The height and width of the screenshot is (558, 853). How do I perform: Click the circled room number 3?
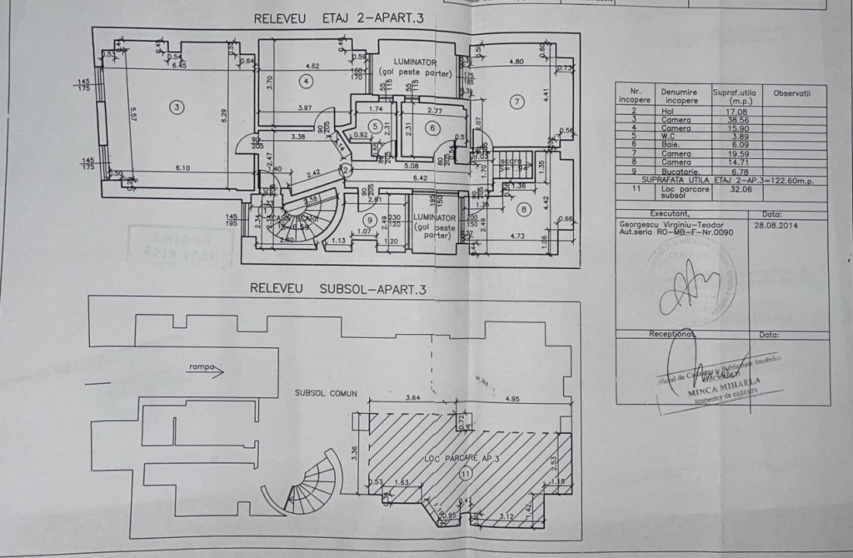tap(177, 106)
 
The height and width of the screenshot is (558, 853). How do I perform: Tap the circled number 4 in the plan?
tap(306, 80)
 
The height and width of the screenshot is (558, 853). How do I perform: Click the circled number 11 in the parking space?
tap(464, 471)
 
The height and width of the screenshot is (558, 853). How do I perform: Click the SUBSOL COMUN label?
tap(326, 393)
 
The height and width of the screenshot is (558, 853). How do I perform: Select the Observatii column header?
tap(792, 93)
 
